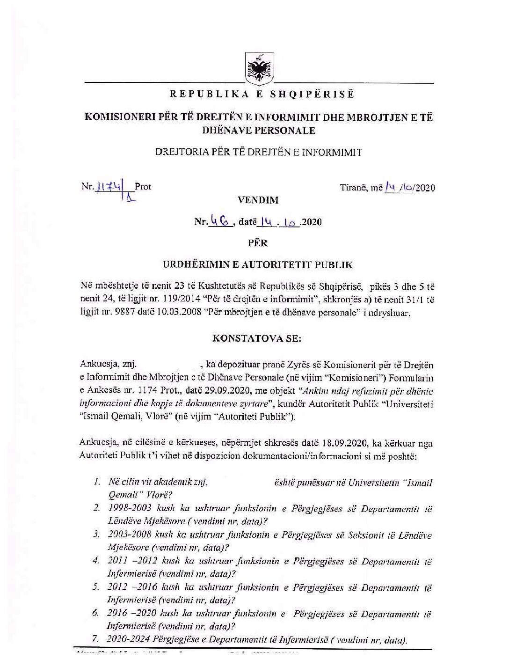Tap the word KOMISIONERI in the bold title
coord(119,117)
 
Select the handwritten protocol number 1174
coord(109,187)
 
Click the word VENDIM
coord(258,200)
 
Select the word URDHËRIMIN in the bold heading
coord(194,265)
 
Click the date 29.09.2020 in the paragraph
coord(232,390)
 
